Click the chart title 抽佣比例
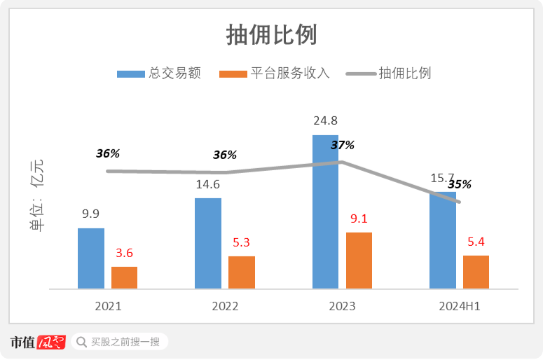pyautogui.click(x=272, y=34)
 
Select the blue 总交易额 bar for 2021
pyautogui.click(x=91, y=258)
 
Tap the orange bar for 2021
pyautogui.click(x=124, y=277)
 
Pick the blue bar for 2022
pyautogui.click(x=208, y=243)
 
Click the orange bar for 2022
pyautogui.click(x=242, y=272)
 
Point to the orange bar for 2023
pyautogui.click(x=359, y=260)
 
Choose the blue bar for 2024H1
pyautogui.click(x=443, y=240)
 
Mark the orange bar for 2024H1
pyautogui.click(x=476, y=272)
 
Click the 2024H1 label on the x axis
pyautogui.click(x=460, y=306)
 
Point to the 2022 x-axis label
pyautogui.click(x=225, y=306)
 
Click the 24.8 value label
pyautogui.click(x=325, y=121)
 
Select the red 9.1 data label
pyautogui.click(x=359, y=219)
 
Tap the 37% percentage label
pyautogui.click(x=343, y=145)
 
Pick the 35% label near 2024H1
pyautogui.click(x=460, y=184)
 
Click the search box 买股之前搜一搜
pyautogui.click(x=119, y=342)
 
